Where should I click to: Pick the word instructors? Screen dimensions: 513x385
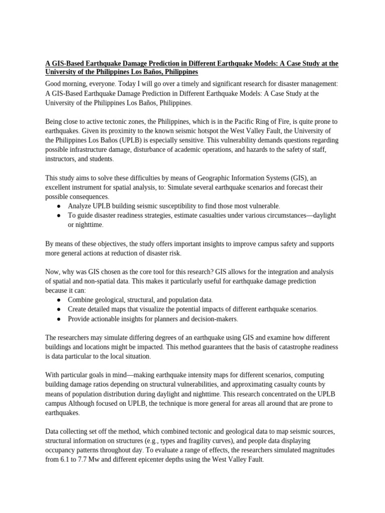coord(63,159)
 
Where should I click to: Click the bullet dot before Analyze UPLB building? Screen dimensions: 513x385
coord(59,206)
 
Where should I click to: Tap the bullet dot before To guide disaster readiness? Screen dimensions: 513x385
coord(59,215)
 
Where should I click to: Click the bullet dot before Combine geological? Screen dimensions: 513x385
coord(59,300)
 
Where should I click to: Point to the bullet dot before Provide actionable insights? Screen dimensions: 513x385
coord(59,319)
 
